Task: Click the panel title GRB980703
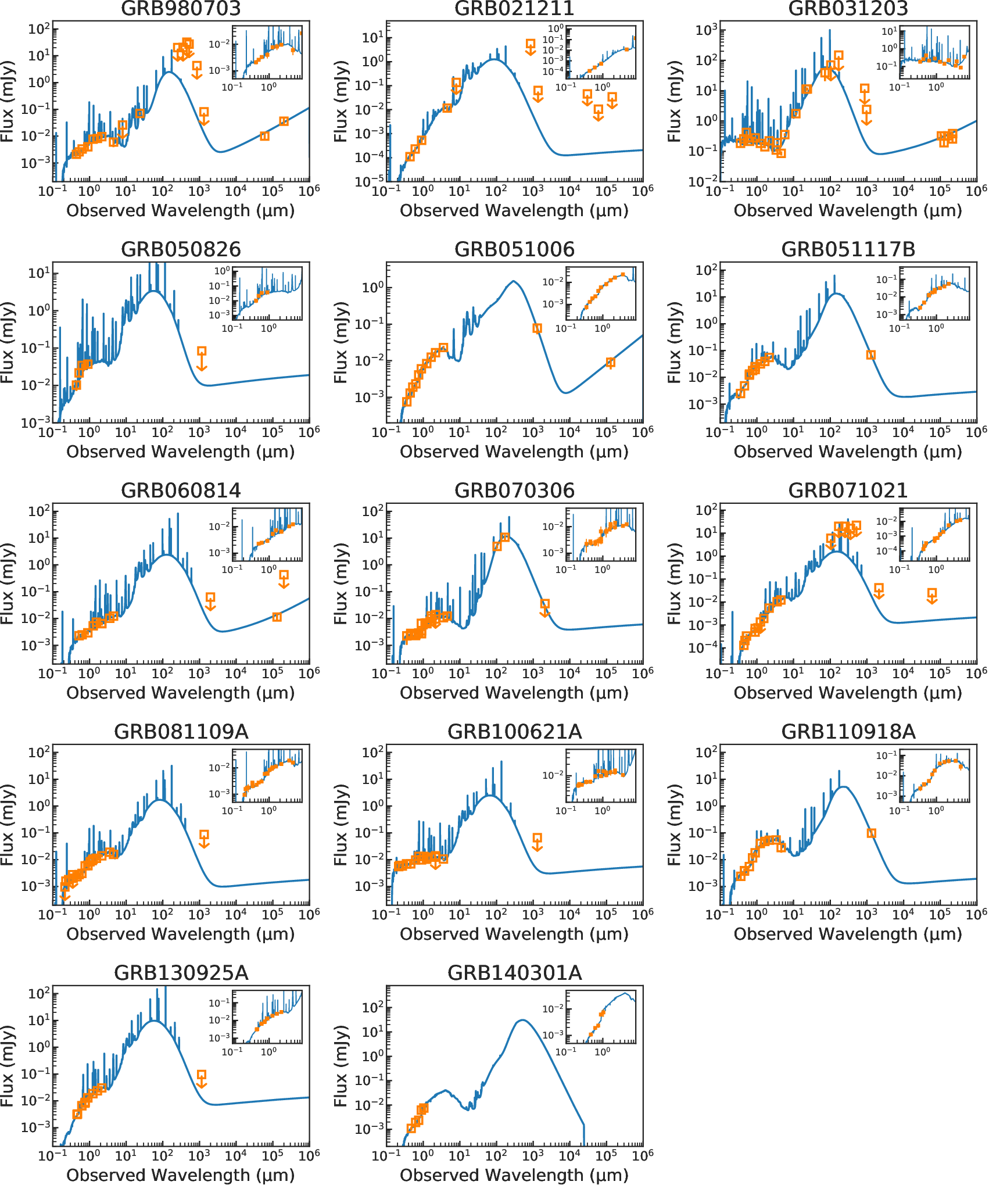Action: pos(181,8)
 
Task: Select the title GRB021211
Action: pos(514,8)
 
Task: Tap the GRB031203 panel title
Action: pos(848,8)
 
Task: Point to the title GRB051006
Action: pos(514,249)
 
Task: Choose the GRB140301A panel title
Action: pos(514,973)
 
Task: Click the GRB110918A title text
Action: pos(848,732)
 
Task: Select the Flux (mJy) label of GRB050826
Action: pos(7,342)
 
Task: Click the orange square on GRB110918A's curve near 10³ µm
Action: pos(871,833)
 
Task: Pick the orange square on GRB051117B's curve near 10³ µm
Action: pos(870,355)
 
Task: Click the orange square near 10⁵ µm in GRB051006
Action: pos(610,363)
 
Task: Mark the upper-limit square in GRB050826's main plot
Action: pos(202,351)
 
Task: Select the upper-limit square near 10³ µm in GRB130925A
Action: pos(201,1075)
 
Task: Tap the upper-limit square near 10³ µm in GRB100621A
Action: pos(537,838)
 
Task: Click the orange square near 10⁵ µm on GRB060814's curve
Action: pos(277,617)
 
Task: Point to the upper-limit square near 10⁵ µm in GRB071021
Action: pos(932,593)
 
